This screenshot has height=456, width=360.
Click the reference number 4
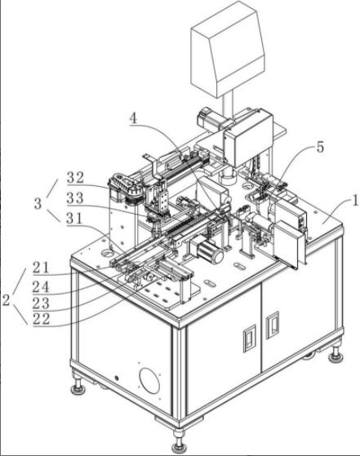[133, 118]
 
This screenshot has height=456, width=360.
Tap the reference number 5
[320, 148]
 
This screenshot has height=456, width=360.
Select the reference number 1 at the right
[355, 201]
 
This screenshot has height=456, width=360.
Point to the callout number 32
[75, 178]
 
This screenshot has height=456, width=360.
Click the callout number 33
[75, 198]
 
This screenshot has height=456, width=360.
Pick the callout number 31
[74, 219]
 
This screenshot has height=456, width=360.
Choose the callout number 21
[41, 268]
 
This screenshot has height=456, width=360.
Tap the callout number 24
[41, 287]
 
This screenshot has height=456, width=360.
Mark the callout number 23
[41, 303]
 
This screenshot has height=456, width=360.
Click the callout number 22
[41, 319]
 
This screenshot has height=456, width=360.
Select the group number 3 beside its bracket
[38, 204]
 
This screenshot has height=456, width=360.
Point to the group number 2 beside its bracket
[7, 300]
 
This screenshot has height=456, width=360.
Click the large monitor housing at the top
[228, 50]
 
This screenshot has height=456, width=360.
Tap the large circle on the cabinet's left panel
[149, 381]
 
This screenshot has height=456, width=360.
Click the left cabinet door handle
[250, 339]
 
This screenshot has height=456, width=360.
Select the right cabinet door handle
[273, 325]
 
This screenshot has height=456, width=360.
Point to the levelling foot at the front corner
[178, 442]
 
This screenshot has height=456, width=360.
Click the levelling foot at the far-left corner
[78, 385]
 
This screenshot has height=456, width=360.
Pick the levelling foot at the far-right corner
[336, 354]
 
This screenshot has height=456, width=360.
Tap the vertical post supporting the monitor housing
[229, 104]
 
